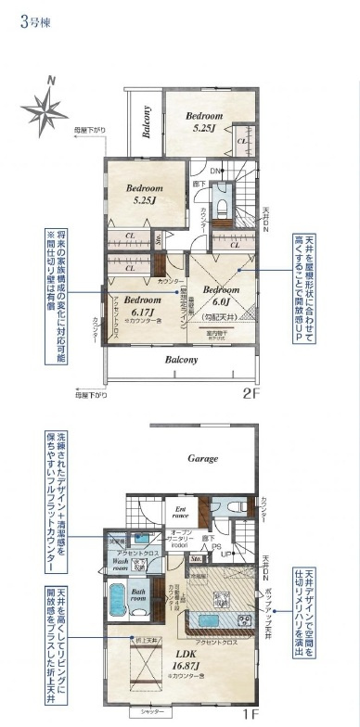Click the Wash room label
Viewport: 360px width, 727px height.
pyautogui.click(x=121, y=565)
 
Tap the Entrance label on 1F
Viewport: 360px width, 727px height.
pyautogui.click(x=182, y=512)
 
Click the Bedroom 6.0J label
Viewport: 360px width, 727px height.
pyautogui.click(x=222, y=295)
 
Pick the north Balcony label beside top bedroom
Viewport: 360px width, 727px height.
pyautogui.click(x=147, y=120)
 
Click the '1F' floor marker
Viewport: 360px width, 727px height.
pyautogui.click(x=250, y=714)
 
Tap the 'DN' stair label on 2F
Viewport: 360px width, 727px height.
pyautogui.click(x=214, y=171)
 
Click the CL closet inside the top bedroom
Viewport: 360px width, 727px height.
pyautogui.click(x=240, y=140)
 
